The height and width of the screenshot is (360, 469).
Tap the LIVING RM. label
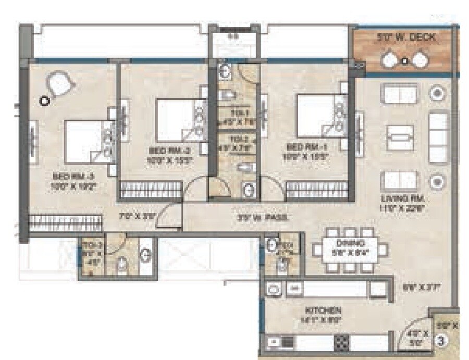click(x=404, y=200)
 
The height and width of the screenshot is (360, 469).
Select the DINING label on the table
click(x=350, y=243)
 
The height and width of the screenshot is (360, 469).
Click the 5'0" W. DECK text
click(x=406, y=38)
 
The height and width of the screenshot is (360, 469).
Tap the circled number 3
click(x=441, y=342)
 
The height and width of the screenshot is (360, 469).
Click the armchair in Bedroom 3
click(x=59, y=83)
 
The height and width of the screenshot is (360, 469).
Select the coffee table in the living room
click(x=400, y=138)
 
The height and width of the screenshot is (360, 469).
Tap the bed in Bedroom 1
click(x=315, y=116)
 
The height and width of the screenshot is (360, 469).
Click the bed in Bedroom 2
click(x=175, y=120)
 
